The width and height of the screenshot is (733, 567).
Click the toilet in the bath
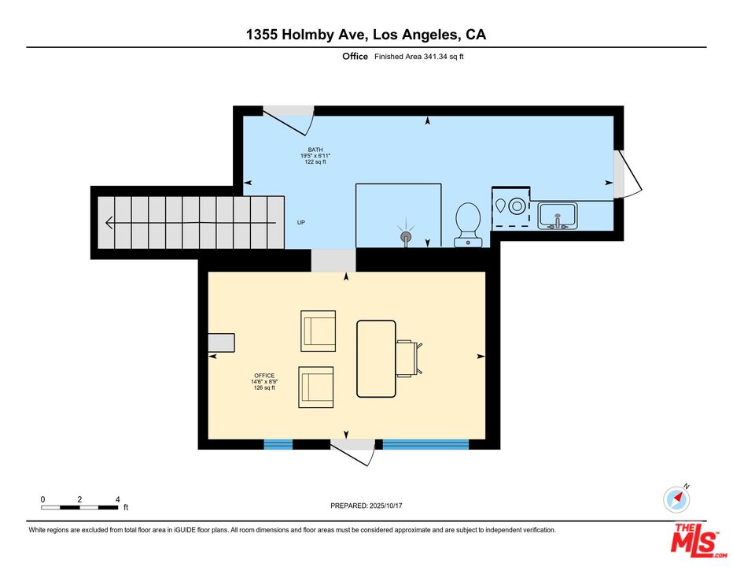pos(468,224)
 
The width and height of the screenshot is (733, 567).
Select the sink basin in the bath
pos(558,216)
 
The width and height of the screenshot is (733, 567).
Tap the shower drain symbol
pos(406,236)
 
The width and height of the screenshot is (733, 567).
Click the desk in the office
pos(376,358)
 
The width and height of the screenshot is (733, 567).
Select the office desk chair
pos(410,358)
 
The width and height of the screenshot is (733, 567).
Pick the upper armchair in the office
pos(319,331)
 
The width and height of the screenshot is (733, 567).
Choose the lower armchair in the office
pos(316,387)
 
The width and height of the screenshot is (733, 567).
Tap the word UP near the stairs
pos(301,222)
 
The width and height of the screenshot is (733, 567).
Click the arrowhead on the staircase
pos(109,222)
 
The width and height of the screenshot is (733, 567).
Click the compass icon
pos(676,499)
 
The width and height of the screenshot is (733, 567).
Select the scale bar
pos(80,507)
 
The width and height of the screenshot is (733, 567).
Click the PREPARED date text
pos(366,506)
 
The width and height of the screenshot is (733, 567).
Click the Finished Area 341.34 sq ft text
pos(419,57)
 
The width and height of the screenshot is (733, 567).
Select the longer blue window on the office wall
pos(425,444)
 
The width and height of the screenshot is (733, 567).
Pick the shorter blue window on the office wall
pos(278,444)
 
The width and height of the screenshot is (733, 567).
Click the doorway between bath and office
pos(333,261)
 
